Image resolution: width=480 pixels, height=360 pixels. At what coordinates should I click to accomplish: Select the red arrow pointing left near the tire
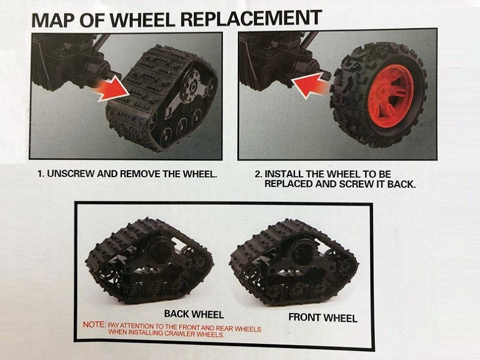click(310, 86)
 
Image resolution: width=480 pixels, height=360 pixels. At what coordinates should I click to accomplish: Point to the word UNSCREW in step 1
click(68, 174)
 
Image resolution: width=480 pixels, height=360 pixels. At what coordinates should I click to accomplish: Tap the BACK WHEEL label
click(193, 314)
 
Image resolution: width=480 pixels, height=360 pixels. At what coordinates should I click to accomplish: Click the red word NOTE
click(94, 325)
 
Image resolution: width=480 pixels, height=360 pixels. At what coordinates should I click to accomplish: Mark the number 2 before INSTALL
click(258, 174)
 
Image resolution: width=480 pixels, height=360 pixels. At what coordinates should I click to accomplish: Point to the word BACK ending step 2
click(403, 183)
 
